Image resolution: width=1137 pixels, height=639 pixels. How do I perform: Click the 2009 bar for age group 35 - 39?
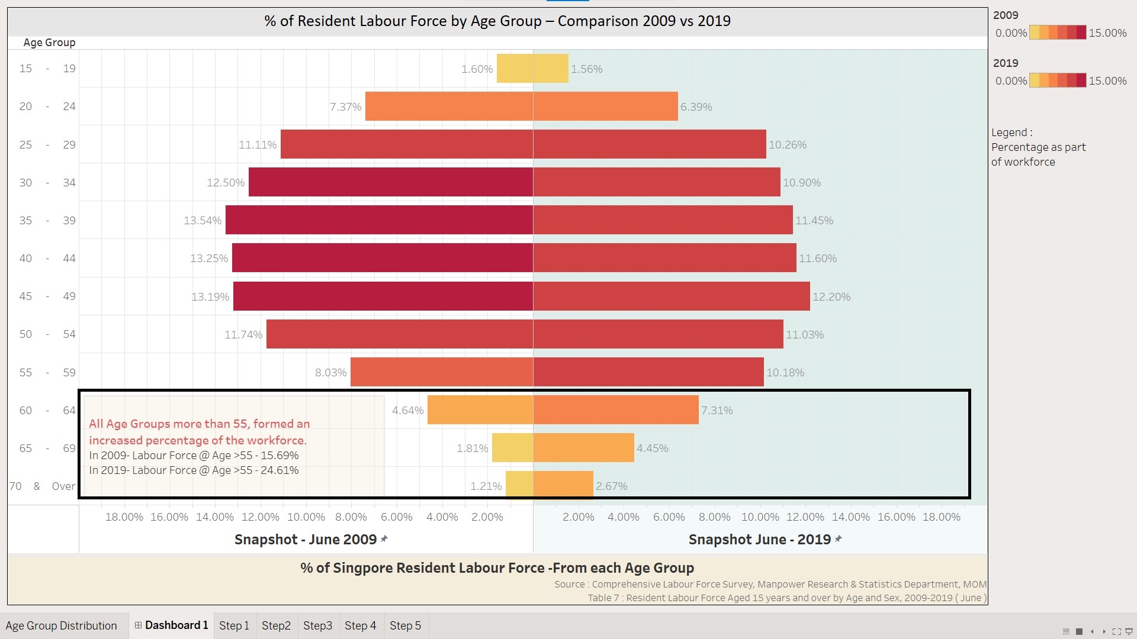pos(379,220)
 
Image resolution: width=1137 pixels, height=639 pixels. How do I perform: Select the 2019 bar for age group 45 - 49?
pos(671,296)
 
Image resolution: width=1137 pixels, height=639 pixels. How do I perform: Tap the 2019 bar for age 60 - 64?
pos(616,410)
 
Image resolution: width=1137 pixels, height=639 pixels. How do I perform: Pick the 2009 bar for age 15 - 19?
pos(515,69)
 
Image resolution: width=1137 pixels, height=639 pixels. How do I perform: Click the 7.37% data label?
pos(345,107)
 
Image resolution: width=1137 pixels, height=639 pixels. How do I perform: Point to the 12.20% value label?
pos(831,297)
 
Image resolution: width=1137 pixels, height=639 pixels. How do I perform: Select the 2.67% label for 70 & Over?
pos(612,486)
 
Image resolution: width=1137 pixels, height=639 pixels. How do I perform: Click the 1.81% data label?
pos(472,448)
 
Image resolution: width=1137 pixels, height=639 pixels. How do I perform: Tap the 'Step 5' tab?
pos(405,626)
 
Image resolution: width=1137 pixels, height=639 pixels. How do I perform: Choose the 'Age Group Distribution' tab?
pos(61,626)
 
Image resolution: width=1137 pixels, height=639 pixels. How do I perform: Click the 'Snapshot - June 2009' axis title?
pos(306,540)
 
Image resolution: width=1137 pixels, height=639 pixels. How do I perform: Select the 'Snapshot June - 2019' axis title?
pos(759,540)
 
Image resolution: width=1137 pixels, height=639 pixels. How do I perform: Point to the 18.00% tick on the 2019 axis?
pos(942,517)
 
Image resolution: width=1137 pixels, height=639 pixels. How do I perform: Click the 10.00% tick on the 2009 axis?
pos(306,517)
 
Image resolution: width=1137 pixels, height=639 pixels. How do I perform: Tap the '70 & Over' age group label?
pos(42,486)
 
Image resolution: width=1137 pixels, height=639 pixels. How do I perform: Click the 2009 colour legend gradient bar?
pos(1058,33)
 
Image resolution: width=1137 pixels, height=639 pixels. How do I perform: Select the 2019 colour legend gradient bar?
pos(1058,80)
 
